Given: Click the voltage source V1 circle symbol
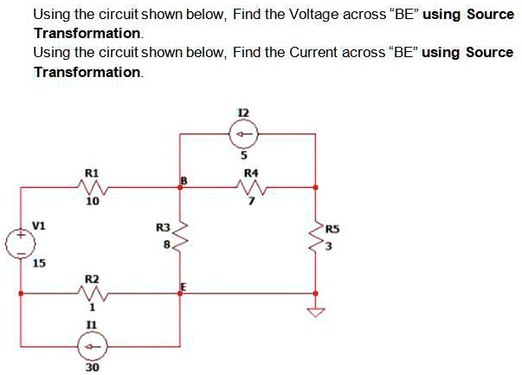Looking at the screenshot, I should click(x=20, y=240).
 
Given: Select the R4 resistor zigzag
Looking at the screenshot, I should click(x=250, y=186).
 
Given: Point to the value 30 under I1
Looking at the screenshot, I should click(x=92, y=367).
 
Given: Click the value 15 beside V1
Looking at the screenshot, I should click(x=39, y=263).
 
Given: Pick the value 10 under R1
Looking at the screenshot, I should click(x=92, y=202).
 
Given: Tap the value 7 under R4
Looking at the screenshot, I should click(x=251, y=202).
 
